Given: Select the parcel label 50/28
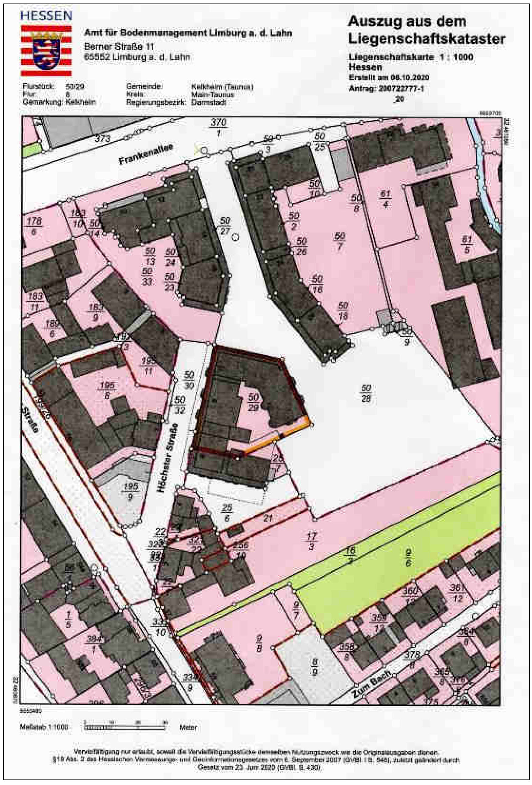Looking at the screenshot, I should coord(366,393).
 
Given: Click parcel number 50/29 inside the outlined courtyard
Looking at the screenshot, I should coord(253,402).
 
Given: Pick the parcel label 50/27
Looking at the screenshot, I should coord(225,226).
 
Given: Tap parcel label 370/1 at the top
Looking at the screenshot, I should coord(218,127).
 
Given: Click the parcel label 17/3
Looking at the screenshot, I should coord(311,541).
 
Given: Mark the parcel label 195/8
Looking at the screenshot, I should coord(107,390).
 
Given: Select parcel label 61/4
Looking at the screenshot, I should coord(385,199).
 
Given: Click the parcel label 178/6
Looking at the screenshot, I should coord(34,227).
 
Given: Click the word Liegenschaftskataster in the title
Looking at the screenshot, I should coord(427,40).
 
